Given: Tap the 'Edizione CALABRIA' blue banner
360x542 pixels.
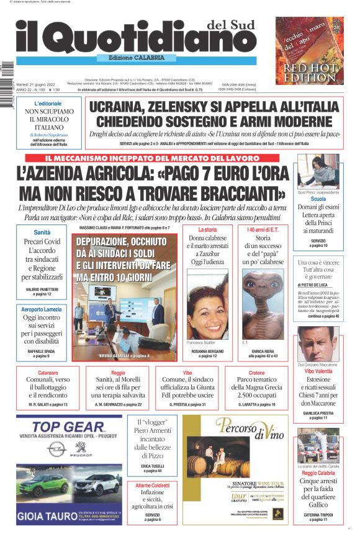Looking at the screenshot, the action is pos(136,58).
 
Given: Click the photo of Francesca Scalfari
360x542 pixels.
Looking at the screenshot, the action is pos(207,304).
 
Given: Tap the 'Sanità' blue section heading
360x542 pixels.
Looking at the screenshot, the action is pos(43,232).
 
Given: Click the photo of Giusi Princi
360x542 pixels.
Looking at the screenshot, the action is pos(318,172).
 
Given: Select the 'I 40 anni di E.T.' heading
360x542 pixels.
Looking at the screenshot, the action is pos(260,230).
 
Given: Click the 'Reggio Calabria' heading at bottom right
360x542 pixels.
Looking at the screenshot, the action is pos(318,473).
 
